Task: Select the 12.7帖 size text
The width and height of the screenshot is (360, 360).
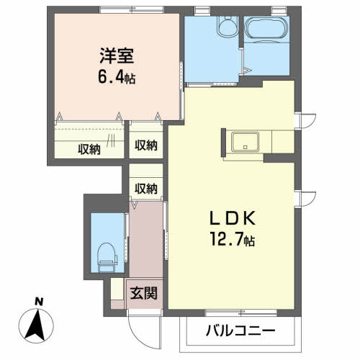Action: coord(230,238)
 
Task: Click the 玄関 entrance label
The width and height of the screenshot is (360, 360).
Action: coord(142,293)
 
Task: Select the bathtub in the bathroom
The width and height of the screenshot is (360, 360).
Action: coord(266,31)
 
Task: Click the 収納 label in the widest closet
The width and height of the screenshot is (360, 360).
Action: coord(89,149)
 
